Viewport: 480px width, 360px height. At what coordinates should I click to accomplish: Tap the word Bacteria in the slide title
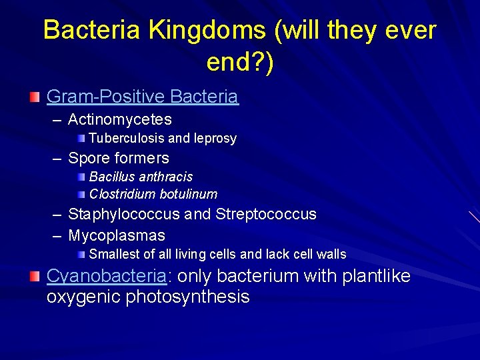click(93, 31)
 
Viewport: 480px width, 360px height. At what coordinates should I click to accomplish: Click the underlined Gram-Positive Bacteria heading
click(142, 97)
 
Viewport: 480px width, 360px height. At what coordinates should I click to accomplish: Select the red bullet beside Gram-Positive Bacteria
click(34, 97)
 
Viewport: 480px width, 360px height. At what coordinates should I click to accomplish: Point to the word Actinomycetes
click(120, 120)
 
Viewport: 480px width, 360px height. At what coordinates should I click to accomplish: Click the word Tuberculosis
click(127, 139)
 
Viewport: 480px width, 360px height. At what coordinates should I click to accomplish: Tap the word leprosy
click(215, 139)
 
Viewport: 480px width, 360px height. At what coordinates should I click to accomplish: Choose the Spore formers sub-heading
click(119, 159)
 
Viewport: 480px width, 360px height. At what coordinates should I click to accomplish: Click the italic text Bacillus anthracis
click(141, 177)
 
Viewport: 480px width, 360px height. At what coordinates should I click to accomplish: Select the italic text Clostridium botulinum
click(153, 194)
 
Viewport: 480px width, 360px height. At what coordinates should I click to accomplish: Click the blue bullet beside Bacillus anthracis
click(80, 177)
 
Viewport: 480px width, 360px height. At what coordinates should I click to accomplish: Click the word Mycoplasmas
click(117, 236)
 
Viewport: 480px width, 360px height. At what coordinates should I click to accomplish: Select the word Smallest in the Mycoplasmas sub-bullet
click(113, 254)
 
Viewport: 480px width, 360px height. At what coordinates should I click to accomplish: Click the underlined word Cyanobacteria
click(105, 277)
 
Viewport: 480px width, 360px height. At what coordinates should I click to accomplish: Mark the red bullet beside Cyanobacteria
click(34, 277)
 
